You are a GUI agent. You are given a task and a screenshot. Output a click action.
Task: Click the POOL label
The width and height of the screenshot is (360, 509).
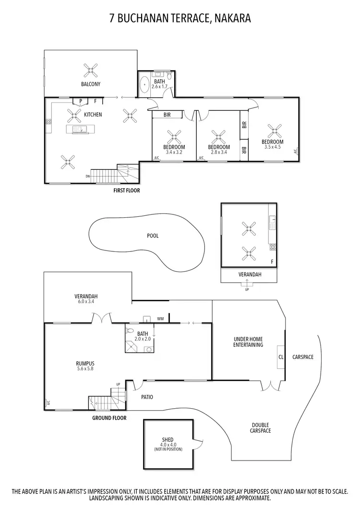[x=153, y=236]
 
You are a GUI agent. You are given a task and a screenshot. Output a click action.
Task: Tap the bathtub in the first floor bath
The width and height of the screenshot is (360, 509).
[x=144, y=86]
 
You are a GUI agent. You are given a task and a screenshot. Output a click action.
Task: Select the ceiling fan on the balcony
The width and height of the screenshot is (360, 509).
[x=91, y=71]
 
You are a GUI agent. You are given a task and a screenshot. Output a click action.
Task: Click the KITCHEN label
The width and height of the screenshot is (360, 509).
[x=93, y=115]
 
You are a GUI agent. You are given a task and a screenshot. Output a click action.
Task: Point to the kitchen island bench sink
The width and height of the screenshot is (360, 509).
[x=77, y=129]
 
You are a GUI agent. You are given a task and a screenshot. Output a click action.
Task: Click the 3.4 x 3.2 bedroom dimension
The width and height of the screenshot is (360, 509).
[x=174, y=152]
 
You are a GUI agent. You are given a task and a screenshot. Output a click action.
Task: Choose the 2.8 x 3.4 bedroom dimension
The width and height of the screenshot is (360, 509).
[x=219, y=152]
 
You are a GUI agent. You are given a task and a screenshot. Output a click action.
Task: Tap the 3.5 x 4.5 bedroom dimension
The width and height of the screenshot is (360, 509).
[x=272, y=147]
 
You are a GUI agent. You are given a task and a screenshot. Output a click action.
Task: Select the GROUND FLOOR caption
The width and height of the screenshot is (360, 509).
[x=109, y=418]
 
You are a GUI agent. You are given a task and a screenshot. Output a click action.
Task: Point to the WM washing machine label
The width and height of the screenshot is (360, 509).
[x=160, y=318]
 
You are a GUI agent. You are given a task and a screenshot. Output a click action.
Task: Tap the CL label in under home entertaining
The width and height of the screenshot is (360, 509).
[x=281, y=357]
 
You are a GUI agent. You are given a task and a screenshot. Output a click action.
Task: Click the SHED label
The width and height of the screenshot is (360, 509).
[x=168, y=439]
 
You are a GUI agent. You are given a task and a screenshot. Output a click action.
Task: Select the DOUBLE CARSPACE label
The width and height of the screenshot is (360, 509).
[x=261, y=427]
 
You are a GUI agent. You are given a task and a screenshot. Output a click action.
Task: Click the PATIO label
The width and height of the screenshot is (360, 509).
[x=147, y=397]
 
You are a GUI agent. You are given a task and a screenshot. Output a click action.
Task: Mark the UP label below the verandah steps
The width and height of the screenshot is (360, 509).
[x=247, y=289]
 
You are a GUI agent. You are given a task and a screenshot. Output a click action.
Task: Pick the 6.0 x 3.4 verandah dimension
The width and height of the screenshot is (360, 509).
[x=86, y=302]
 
